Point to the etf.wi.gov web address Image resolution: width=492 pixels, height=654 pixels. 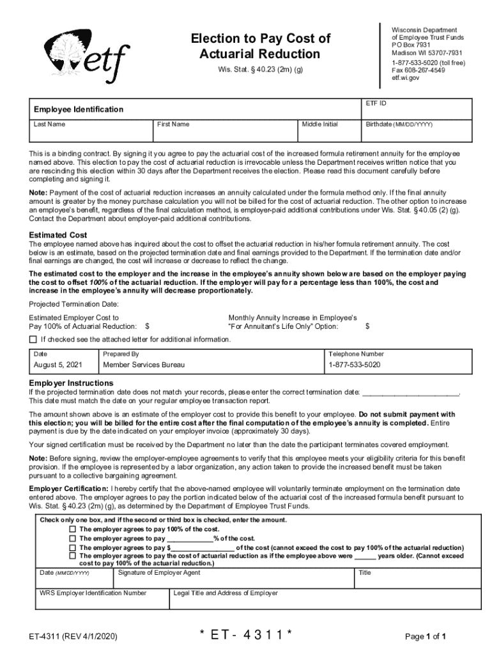tap(405, 78)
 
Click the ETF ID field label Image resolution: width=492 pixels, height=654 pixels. tap(376, 103)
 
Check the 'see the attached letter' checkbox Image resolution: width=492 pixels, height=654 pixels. tap(33, 339)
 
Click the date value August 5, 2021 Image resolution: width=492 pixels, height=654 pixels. tap(58, 365)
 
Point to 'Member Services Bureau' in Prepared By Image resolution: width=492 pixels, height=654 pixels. tap(144, 365)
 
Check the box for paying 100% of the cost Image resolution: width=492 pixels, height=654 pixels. tap(73, 529)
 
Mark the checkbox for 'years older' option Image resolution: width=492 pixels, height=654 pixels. tap(73, 556)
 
